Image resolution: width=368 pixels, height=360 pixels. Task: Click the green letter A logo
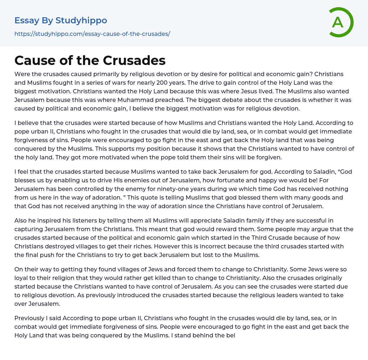coord(340,22)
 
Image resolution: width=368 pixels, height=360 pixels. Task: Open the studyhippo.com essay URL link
coord(92,34)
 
